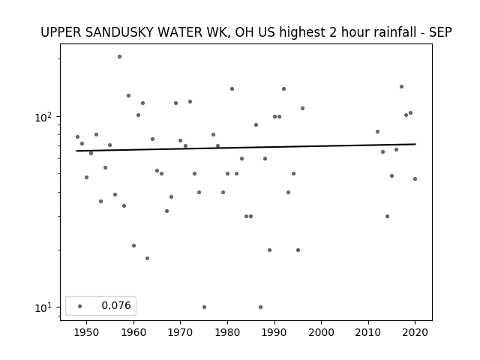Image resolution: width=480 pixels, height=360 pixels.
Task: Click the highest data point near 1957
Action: point(119,57)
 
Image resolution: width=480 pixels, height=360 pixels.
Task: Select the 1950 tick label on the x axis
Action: point(87,332)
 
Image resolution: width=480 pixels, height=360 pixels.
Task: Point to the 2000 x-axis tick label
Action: point(322,332)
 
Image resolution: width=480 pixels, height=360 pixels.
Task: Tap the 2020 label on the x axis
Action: point(415,332)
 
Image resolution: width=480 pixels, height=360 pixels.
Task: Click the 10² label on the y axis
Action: point(41,117)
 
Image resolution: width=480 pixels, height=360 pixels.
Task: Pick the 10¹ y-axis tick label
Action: point(41,307)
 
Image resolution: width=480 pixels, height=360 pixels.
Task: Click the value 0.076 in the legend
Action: point(116,305)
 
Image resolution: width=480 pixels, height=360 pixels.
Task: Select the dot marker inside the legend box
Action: point(80,306)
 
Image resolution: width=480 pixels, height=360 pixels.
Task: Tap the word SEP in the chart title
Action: point(440,32)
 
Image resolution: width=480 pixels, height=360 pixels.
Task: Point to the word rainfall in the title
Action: point(376,32)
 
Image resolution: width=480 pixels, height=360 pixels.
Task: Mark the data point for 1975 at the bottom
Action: point(204,307)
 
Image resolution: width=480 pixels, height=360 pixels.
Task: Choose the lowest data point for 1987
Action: point(260,307)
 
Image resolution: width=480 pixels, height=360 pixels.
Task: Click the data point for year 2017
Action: point(401,87)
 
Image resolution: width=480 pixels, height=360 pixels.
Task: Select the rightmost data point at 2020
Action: point(415,178)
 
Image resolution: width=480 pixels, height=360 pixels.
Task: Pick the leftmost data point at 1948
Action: point(77,136)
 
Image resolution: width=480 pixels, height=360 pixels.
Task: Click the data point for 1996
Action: point(302,108)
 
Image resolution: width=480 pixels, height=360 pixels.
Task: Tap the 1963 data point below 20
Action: point(147,258)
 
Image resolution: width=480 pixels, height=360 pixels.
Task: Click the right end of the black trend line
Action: point(415,144)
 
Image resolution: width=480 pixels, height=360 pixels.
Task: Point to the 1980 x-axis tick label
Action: point(227,332)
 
